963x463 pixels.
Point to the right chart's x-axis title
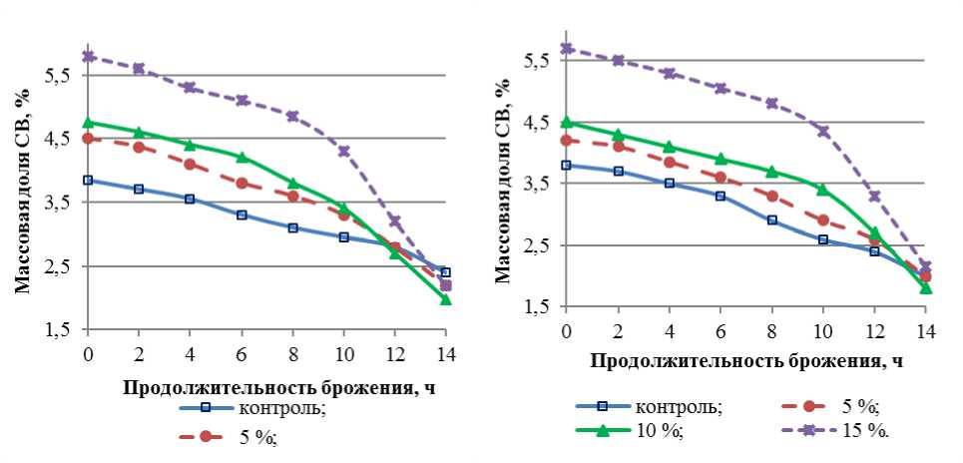[746, 361]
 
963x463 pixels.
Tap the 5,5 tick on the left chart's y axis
[56, 76]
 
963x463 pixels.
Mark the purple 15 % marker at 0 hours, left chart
[88, 56]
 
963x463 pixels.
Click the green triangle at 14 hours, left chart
[445, 298]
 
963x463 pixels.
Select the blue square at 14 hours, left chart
[445, 272]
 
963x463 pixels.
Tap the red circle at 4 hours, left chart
[190, 164]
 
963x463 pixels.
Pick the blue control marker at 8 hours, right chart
[771, 220]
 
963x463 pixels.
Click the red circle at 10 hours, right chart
[823, 220]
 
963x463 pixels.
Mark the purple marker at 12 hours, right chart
[874, 196]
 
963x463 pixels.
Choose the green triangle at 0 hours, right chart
[567, 122]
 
